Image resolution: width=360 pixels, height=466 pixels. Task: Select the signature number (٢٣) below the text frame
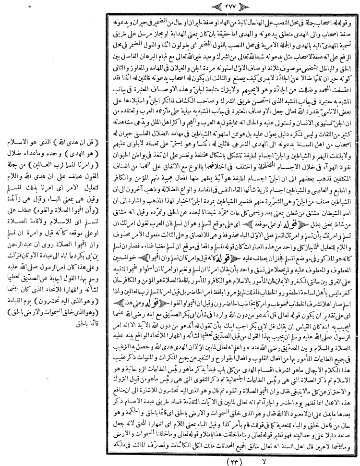[x=233, y=459]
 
